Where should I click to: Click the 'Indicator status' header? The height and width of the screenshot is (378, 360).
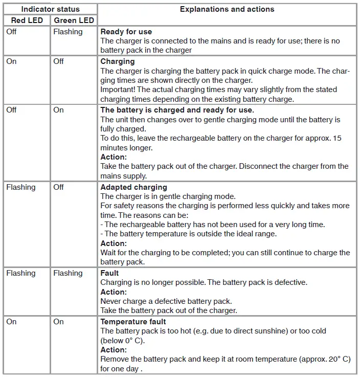click(50, 9)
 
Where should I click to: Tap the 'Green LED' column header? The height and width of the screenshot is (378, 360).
click(74, 20)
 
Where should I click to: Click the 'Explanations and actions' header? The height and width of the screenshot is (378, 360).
click(227, 9)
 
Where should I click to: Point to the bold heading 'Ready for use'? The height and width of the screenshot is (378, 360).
click(126, 32)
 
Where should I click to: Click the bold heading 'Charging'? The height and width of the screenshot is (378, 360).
click(118, 61)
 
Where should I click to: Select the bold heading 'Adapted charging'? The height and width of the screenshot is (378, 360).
click(133, 187)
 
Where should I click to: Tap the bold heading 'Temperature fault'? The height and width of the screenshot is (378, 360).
click(133, 322)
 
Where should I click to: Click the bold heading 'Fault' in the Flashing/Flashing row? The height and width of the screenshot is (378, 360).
click(109, 273)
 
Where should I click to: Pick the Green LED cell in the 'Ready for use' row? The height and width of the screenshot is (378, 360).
click(67, 32)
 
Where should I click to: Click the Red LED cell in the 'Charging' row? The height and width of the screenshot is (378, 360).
click(11, 61)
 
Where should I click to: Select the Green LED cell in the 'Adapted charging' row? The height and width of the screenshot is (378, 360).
click(59, 187)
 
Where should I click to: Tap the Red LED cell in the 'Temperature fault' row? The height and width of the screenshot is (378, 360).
click(11, 322)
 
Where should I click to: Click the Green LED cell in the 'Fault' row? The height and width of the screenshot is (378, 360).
click(67, 273)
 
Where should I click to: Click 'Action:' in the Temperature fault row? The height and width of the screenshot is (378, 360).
click(113, 350)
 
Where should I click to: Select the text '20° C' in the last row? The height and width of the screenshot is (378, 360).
click(339, 359)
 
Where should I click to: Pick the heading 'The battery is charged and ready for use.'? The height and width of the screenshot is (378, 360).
click(177, 110)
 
